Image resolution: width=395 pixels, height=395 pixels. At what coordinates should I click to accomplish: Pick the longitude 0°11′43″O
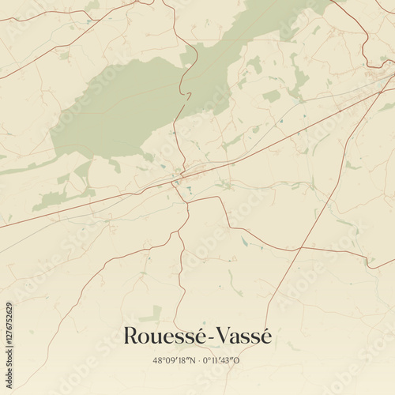pos(221,361)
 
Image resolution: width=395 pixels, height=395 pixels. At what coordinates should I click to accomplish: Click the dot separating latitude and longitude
pos(197,361)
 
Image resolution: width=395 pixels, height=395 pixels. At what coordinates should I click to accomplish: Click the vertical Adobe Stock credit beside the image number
pos(9,261)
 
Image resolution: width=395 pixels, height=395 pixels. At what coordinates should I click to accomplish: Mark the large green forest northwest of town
pos(118,111)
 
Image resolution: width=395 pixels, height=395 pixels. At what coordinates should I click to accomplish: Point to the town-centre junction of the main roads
pos(182,175)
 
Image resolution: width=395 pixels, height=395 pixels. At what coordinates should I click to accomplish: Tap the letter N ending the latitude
pos(190,361)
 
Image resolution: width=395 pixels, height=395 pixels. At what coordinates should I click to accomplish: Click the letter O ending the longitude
pos(238,361)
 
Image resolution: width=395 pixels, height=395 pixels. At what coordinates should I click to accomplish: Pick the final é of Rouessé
pos(198,337)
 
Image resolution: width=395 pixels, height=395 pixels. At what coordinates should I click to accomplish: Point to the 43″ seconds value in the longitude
pos(228,361)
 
